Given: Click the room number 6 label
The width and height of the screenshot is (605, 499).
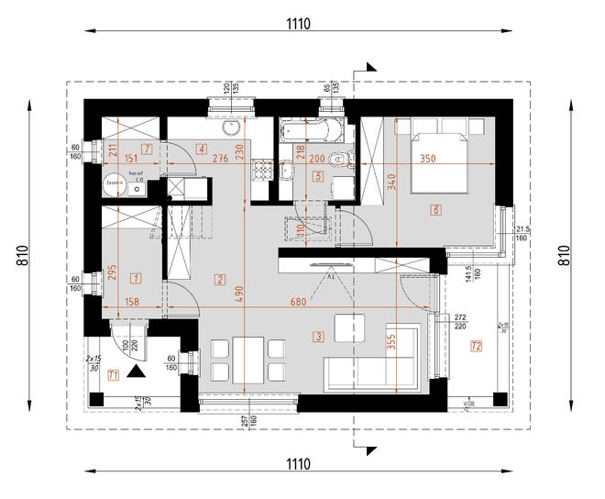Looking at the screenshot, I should coord(435,211).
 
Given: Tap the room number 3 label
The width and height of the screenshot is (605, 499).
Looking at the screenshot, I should coord(318,337).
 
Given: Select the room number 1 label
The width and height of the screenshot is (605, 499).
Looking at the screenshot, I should coord(135,277).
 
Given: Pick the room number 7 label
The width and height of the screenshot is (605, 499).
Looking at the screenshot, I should coord(201,149).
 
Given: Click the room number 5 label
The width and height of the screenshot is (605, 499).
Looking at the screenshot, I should coord(318,176).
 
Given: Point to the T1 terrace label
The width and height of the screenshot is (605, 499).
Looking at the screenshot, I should coord(113,374).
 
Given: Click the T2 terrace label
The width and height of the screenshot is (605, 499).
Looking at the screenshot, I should coord(476,346).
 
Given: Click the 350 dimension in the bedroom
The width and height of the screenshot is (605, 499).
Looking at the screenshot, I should coord(426,158).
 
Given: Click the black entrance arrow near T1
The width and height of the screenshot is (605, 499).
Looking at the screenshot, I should coord(137,371).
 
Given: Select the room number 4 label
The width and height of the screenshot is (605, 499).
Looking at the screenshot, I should coord(201,149).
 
